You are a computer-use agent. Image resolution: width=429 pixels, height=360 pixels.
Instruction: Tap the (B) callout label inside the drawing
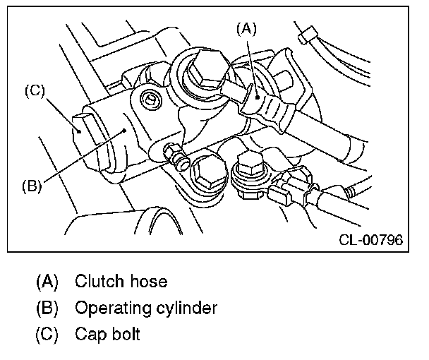click(x=32, y=187)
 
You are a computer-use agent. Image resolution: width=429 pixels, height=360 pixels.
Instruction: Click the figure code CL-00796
click(x=370, y=240)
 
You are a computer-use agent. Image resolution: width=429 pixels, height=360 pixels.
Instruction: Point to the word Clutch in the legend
click(x=98, y=282)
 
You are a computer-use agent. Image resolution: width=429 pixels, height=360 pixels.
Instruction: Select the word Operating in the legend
click(x=109, y=308)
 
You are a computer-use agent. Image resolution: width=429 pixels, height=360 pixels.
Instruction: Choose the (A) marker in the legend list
click(x=47, y=282)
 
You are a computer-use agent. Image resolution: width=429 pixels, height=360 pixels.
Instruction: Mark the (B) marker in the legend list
click(x=47, y=308)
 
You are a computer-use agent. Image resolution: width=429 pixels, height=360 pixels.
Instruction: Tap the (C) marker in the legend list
click(x=47, y=333)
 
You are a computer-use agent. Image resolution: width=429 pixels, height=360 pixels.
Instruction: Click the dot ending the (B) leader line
click(x=124, y=130)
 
